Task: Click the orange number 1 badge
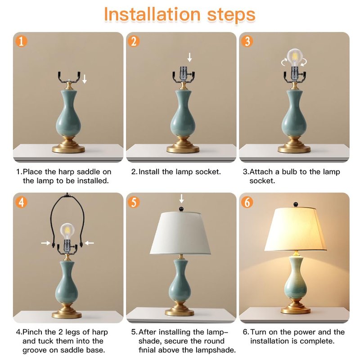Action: point(21,41)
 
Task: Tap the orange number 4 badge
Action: point(21,202)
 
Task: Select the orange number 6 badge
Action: point(247,202)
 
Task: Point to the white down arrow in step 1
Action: point(85,79)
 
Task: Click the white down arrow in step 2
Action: point(189,57)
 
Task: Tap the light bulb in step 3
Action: point(295,58)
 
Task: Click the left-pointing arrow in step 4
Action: point(89,243)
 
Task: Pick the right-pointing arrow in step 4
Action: point(46,243)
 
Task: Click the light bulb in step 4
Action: point(67,231)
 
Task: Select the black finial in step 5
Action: point(181,209)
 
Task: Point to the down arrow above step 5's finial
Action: point(181,198)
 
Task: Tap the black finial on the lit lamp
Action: point(296,205)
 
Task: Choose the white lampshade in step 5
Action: point(180,233)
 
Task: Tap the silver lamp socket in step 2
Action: point(183,74)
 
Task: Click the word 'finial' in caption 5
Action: point(147,350)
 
